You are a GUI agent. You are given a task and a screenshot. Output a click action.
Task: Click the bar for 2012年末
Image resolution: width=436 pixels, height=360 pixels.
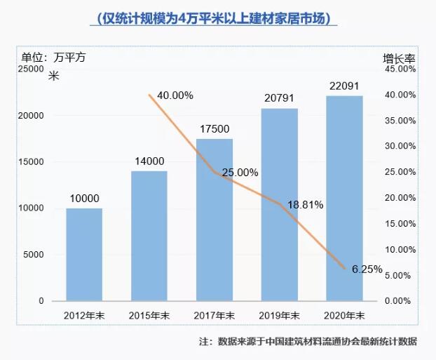pos(84,254)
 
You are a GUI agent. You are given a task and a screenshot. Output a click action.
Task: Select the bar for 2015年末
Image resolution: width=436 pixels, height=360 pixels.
pos(149,236)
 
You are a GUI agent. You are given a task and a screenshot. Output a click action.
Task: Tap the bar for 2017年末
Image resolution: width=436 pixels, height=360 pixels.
pos(214,219)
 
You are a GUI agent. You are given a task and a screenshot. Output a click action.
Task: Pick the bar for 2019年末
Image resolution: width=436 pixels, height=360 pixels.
pos(280,204)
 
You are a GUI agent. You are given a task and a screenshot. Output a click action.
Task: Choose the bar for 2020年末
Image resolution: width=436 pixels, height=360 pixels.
pos(345,198)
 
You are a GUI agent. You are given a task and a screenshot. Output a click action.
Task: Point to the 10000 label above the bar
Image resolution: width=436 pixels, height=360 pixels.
pos(84,199)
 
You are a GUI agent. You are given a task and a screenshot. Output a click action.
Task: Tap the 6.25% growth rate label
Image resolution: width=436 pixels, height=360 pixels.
pos(364,268)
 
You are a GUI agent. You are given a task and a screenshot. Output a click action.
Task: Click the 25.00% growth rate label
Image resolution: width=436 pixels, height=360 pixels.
pos(240,172)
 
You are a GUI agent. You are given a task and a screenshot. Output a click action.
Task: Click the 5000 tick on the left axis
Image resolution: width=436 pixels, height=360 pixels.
pos(33,255)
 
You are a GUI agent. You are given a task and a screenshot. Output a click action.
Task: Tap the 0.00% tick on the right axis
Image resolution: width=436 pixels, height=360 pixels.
pos(403,301)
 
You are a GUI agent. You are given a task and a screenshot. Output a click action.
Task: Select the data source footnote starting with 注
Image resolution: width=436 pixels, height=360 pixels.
pos(308,342)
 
